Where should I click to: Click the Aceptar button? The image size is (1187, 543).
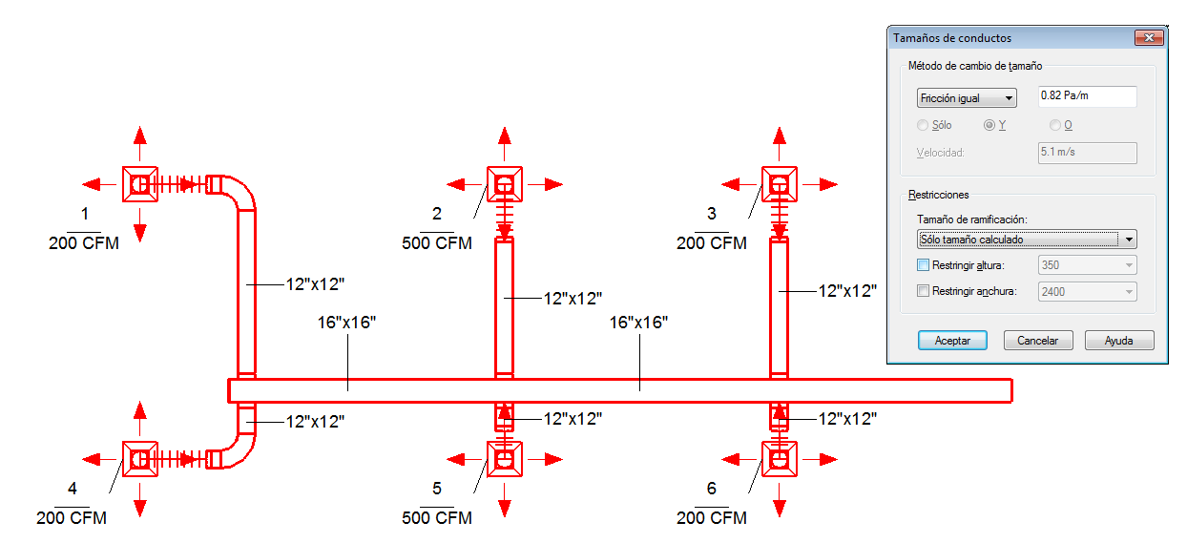[x=952, y=340]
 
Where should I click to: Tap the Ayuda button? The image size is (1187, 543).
[x=1119, y=340]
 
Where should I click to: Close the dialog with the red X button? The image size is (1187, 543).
[x=1149, y=37]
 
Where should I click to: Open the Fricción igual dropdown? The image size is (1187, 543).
[x=967, y=98]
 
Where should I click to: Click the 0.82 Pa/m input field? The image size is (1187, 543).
[x=1088, y=95]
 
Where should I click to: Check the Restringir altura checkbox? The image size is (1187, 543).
[x=923, y=265]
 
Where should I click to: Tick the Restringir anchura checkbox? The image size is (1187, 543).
[x=923, y=291]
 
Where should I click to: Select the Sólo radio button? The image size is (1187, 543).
[x=923, y=125]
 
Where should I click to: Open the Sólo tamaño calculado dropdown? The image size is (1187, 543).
[x=1027, y=240]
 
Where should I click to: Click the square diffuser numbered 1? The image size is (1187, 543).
[x=140, y=184]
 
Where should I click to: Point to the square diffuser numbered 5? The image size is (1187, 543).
[x=505, y=459]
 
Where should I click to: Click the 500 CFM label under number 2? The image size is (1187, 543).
[x=437, y=243]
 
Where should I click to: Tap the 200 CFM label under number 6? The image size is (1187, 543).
[x=711, y=517]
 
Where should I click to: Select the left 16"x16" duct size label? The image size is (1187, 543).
[x=346, y=323]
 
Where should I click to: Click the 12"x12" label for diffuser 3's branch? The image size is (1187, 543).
[x=847, y=291]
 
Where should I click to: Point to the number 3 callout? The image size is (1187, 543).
[x=711, y=214]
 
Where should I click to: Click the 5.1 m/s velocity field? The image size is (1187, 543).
[x=1088, y=153]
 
